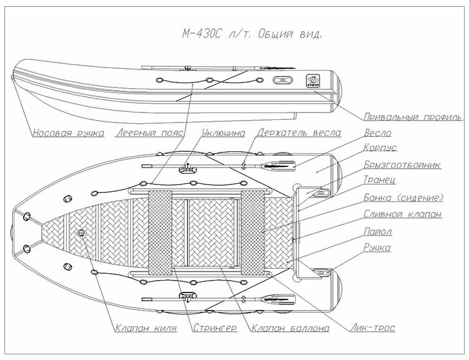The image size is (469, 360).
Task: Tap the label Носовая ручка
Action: pyautogui.click(x=68, y=133)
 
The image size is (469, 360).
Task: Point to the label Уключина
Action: pyautogui.click(x=223, y=133)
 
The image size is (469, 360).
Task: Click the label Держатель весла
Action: pyautogui.click(x=298, y=133)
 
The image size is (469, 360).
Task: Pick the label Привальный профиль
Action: pyautogui.click(x=413, y=117)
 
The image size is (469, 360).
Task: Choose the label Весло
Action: pyautogui.click(x=376, y=133)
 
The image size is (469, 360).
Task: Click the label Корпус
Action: pyautogui.click(x=380, y=149)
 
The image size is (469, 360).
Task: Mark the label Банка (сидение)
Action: pyautogui.click(x=403, y=198)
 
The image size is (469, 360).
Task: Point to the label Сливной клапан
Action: pyautogui.click(x=402, y=214)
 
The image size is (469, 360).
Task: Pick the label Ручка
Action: pyautogui.click(x=376, y=248)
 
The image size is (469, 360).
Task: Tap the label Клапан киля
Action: pyautogui.click(x=146, y=328)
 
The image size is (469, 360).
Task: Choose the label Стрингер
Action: pyautogui.click(x=214, y=328)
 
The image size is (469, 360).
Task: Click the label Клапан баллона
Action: pyautogui.click(x=288, y=328)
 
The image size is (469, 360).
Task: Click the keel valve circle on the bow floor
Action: pyautogui.click(x=81, y=233)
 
